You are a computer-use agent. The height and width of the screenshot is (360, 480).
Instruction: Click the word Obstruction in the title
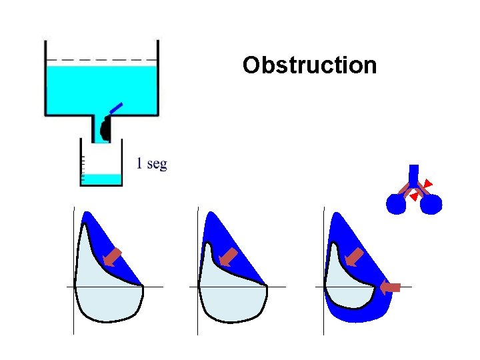tap(309, 65)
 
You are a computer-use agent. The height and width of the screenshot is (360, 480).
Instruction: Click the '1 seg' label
tap(151, 163)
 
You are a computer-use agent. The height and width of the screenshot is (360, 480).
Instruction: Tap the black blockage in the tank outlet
tap(105, 129)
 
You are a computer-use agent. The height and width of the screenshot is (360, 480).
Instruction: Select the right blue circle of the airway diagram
tap(431, 204)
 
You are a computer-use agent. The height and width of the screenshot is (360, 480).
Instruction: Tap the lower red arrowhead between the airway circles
tap(414, 197)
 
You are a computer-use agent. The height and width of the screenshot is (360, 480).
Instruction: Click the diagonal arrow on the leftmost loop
tap(113, 257)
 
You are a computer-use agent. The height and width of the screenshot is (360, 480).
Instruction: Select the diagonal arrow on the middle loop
tap(229, 257)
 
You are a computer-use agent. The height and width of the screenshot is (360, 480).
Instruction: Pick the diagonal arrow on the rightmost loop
tap(355, 257)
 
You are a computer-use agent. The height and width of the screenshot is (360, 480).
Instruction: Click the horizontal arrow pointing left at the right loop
tap(390, 287)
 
